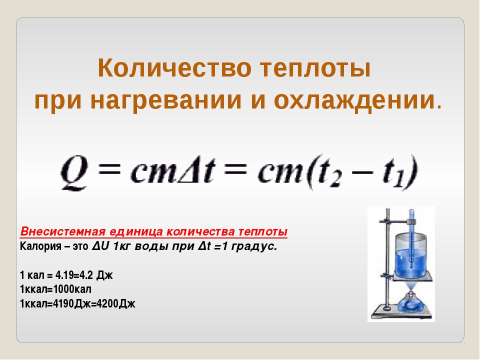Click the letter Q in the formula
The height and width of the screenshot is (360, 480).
(x=74, y=173)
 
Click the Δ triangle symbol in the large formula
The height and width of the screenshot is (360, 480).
(x=187, y=172)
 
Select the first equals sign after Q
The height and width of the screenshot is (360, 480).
(x=109, y=169)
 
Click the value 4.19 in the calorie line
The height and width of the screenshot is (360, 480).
(x=64, y=275)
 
